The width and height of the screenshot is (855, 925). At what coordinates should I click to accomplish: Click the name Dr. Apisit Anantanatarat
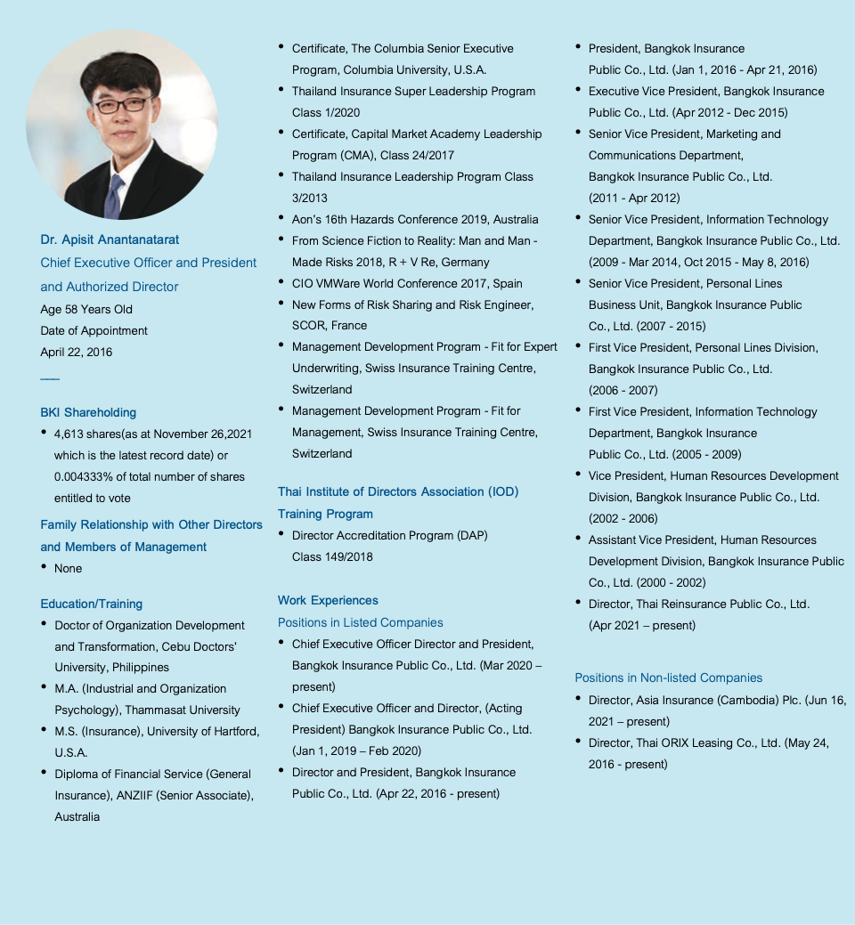click(x=110, y=239)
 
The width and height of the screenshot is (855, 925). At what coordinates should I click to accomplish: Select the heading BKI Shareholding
click(x=88, y=412)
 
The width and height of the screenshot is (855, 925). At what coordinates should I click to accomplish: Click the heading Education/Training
click(x=91, y=604)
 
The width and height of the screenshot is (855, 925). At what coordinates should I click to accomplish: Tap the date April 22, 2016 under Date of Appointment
click(x=77, y=352)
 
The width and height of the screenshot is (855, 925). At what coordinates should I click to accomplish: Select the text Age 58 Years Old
click(x=86, y=309)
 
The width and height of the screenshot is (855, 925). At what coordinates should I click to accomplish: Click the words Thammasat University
click(x=183, y=710)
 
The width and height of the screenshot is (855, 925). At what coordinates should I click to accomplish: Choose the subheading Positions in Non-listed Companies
click(x=669, y=678)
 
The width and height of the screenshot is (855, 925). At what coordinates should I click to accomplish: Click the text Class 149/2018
click(x=332, y=556)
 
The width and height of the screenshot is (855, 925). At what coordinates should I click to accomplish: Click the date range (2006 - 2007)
click(x=623, y=390)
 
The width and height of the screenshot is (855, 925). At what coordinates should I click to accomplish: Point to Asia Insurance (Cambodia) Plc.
click(x=719, y=700)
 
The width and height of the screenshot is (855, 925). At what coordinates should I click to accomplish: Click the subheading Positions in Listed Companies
click(x=360, y=622)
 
